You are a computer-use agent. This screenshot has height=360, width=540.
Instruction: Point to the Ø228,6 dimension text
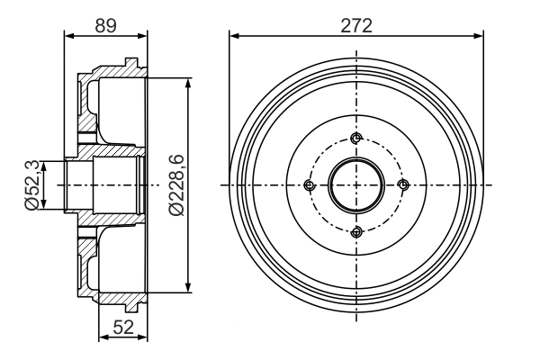pyautogui.click(x=176, y=185)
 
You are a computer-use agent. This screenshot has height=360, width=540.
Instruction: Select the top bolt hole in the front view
pyautogui.click(x=356, y=138)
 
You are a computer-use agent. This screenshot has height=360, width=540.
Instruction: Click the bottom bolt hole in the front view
pyautogui.click(x=356, y=232)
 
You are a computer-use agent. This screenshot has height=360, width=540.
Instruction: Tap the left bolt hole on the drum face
pyautogui.click(x=310, y=185)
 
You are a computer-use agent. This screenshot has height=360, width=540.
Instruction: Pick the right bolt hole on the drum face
pyautogui.click(x=403, y=185)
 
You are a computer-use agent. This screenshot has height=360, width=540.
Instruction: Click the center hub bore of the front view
pyautogui.click(x=356, y=185)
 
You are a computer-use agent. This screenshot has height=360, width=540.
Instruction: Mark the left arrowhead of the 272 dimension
pyautogui.click(x=234, y=36)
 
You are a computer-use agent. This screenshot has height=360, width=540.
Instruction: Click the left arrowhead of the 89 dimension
pyautogui.click(x=69, y=36)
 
